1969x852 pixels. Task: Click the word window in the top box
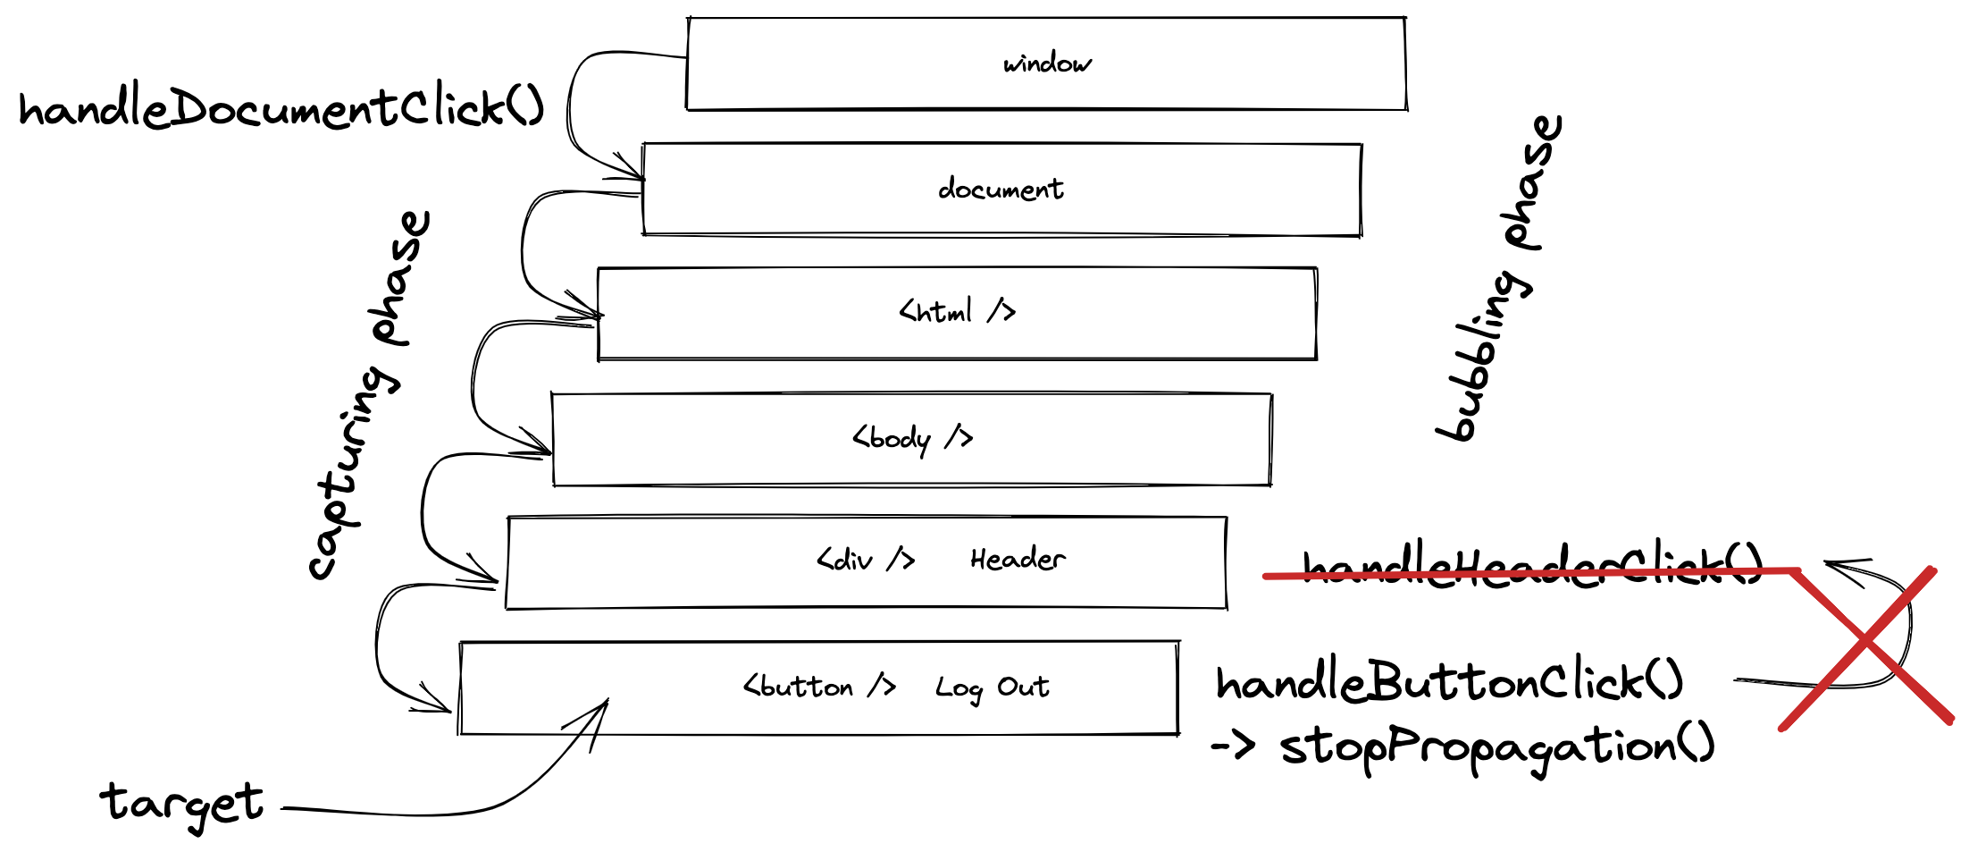pyautogui.click(x=1046, y=63)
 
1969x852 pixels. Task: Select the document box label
pyautogui.click(x=1001, y=189)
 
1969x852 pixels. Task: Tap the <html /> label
pyautogui.click(x=957, y=311)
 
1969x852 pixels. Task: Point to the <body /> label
pyautogui.click(x=912, y=438)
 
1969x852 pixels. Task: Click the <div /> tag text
pyautogui.click(x=865, y=560)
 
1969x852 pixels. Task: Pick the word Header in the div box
pyautogui.click(x=1018, y=559)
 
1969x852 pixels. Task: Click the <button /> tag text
pyautogui.click(x=819, y=686)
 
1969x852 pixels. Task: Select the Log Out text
pyautogui.click(x=992, y=687)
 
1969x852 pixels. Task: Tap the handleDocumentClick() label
pyautogui.click(x=281, y=109)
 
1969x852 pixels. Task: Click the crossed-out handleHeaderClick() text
pyautogui.click(x=1531, y=566)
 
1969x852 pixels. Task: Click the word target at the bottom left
pyautogui.click(x=181, y=802)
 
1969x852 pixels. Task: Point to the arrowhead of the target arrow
pyautogui.click(x=605, y=704)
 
